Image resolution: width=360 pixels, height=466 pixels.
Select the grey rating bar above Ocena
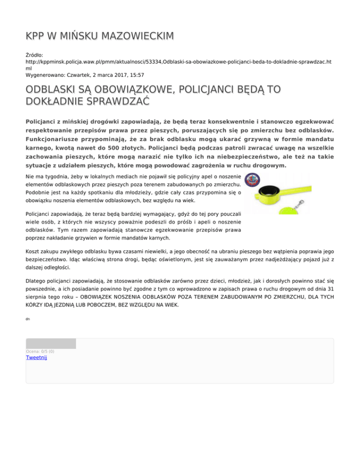[x=51, y=344]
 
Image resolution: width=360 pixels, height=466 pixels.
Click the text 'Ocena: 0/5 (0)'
[x=40, y=351]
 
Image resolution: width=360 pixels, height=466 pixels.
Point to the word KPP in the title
[x=35, y=36]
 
